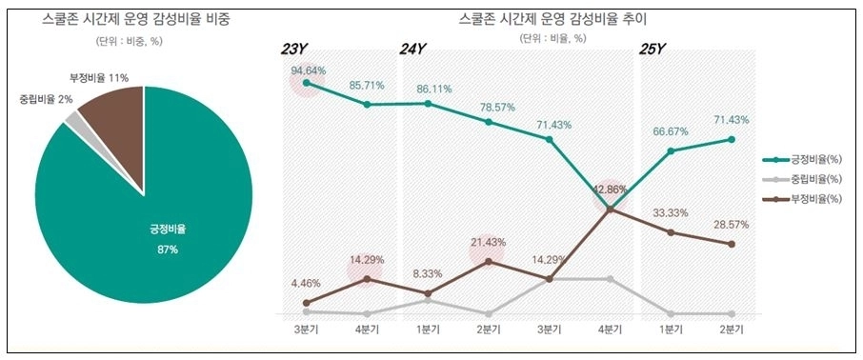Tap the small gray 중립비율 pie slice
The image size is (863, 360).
[x=73, y=119]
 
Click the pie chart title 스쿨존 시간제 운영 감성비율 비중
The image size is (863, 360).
[x=142, y=18]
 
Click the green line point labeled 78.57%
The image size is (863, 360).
[x=489, y=122]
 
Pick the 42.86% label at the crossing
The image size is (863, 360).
[x=610, y=190]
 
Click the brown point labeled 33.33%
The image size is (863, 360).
[x=672, y=232]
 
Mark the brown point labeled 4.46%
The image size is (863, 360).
[x=306, y=303]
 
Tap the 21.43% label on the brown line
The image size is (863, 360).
[x=488, y=242]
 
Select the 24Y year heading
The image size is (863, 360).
[x=412, y=50]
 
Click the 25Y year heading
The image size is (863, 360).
[x=652, y=50]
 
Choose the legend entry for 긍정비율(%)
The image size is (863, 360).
[x=810, y=160]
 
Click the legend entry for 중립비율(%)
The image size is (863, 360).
[x=810, y=179]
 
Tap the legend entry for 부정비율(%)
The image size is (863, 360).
[x=810, y=198]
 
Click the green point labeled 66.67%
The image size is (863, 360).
[x=672, y=150]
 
